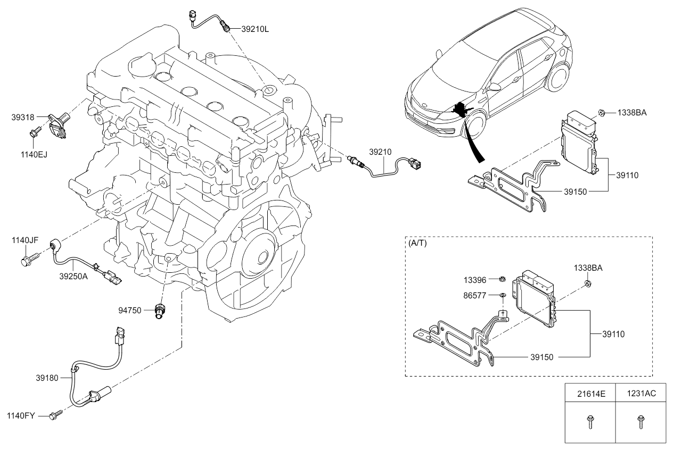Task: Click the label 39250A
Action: click(x=73, y=277)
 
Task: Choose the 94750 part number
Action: click(x=130, y=310)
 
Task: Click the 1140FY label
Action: click(x=21, y=415)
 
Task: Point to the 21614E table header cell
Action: click(x=591, y=394)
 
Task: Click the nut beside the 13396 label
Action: click(x=502, y=278)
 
